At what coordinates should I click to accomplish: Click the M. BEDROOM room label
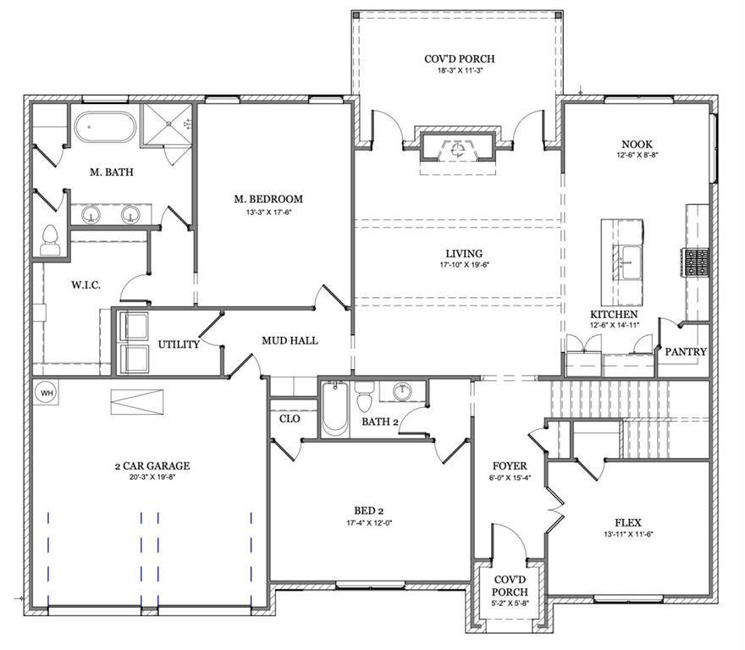tap(268, 200)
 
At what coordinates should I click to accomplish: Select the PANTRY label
tap(686, 351)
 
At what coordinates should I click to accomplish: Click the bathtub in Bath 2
tap(335, 409)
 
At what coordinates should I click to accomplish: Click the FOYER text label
tap(510, 465)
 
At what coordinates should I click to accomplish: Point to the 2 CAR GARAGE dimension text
tap(152, 477)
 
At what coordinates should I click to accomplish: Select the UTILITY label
tap(179, 344)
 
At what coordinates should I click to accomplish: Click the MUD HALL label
tap(290, 340)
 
